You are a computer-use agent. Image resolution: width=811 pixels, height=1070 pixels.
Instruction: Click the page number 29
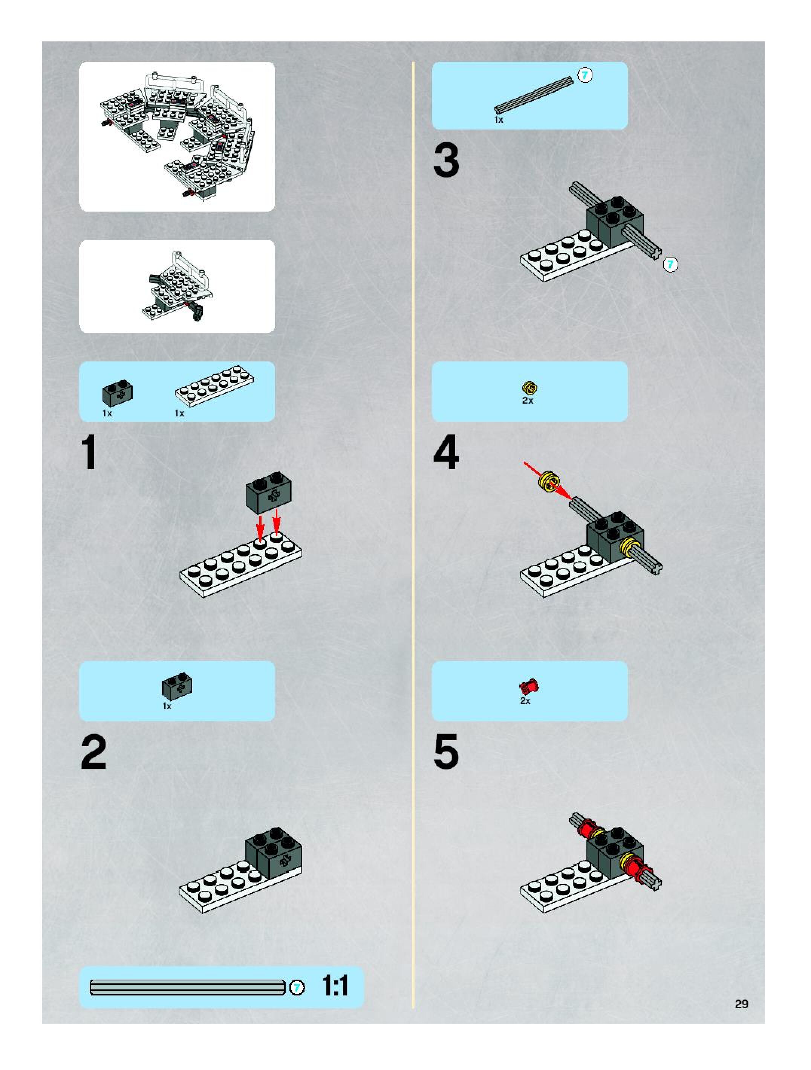click(741, 1004)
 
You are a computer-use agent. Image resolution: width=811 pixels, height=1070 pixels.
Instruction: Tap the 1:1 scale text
click(335, 985)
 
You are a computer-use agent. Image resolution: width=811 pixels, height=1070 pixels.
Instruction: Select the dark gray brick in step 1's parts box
click(117, 392)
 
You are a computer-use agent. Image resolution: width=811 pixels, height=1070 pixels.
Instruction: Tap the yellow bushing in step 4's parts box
click(531, 388)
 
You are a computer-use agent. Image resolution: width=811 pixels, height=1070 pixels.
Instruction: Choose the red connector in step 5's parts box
click(529, 686)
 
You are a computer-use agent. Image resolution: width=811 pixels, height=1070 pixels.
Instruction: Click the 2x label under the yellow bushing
click(528, 401)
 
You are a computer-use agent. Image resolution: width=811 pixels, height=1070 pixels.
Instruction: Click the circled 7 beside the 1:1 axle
click(297, 988)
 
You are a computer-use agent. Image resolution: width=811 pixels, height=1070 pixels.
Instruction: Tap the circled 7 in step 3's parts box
click(585, 75)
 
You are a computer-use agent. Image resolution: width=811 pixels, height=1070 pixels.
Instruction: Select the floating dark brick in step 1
click(268, 493)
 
